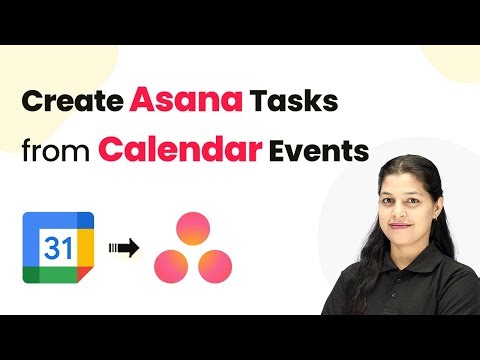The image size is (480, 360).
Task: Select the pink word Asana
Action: (175, 103)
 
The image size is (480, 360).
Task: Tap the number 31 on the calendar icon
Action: (58, 248)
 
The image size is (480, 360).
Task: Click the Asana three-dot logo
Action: (193, 248)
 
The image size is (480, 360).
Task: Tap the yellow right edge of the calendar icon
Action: (88, 247)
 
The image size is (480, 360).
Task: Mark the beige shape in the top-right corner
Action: (454, 59)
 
